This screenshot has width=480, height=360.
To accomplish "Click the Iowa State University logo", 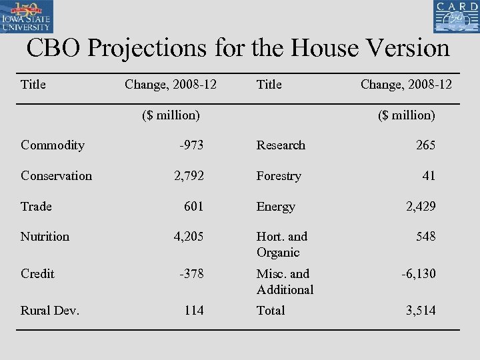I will coord(27,17).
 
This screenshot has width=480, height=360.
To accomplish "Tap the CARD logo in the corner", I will coord(456,17).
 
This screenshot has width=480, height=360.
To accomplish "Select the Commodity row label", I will coord(53,145).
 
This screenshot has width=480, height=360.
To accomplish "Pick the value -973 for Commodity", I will coord(191,145).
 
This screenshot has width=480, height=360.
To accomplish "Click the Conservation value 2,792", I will coord(189,176).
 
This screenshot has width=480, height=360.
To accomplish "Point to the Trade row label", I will coord(36,207).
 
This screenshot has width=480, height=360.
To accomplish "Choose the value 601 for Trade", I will coord(193,207).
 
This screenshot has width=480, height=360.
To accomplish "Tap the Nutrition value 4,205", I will coord(189,237).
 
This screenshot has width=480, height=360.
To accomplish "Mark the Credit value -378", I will coord(191,274).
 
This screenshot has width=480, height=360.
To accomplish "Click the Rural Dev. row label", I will coord(50,311).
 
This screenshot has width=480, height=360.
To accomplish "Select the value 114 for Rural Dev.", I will coord(194,311).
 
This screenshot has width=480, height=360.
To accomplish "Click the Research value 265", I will coord(425,145).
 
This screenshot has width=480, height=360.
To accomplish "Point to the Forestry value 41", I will coord(429,176).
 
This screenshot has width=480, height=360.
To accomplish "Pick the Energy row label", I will coord(275,207).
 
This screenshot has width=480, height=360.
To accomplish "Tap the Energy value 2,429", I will coord(421,207).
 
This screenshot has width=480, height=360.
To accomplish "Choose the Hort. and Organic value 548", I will coord(425,237).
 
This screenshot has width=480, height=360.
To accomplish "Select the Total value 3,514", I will coord(421,311).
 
